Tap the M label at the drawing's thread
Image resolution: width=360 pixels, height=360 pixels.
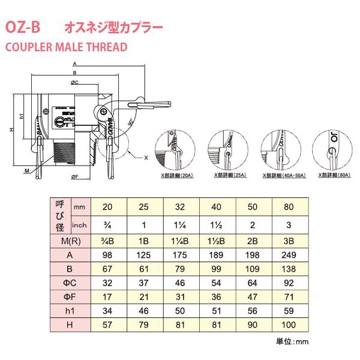coord(27,170)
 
